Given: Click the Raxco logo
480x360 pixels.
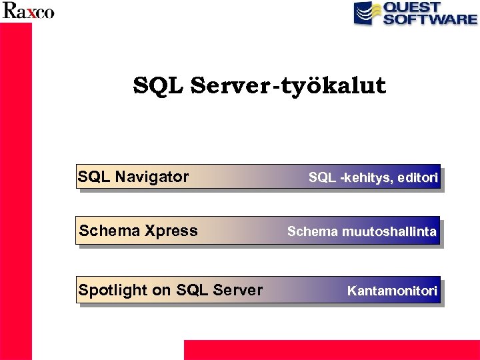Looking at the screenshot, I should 28,11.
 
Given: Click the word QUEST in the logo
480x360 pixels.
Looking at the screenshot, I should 412,7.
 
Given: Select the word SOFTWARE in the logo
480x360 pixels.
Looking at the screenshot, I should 430,19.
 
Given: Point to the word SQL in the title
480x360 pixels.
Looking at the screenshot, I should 159,85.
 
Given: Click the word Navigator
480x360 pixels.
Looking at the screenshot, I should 152,177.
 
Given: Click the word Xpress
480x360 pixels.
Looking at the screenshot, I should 171,231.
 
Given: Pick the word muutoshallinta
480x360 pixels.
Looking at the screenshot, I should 389,231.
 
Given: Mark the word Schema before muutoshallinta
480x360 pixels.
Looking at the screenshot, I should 313,231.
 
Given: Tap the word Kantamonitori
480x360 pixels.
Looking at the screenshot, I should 392,291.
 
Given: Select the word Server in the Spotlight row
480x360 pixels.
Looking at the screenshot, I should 239,290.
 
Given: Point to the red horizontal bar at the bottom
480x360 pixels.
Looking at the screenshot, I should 331,350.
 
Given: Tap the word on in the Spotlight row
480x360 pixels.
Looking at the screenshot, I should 161,290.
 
